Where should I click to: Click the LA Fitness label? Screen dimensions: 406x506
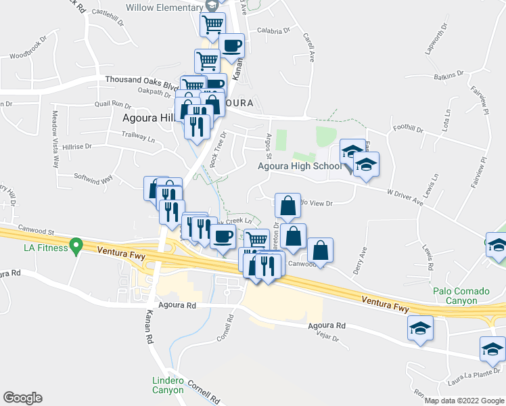pyautogui.click(x=46, y=248)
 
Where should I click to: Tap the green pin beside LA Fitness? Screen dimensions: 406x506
pyautogui.click(x=77, y=246)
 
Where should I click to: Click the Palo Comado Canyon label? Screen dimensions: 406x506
pyautogui.click(x=461, y=296)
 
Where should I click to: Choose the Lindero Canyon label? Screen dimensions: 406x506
pyautogui.click(x=167, y=385)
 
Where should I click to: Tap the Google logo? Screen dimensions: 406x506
pyautogui.click(x=23, y=397)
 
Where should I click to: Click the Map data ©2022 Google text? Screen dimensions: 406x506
pyautogui.click(x=463, y=401)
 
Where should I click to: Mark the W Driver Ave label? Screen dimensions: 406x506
pyautogui.click(x=404, y=198)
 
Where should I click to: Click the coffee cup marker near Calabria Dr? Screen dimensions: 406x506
pyautogui.click(x=231, y=46)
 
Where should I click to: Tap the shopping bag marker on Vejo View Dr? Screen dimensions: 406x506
pyautogui.click(x=287, y=206)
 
